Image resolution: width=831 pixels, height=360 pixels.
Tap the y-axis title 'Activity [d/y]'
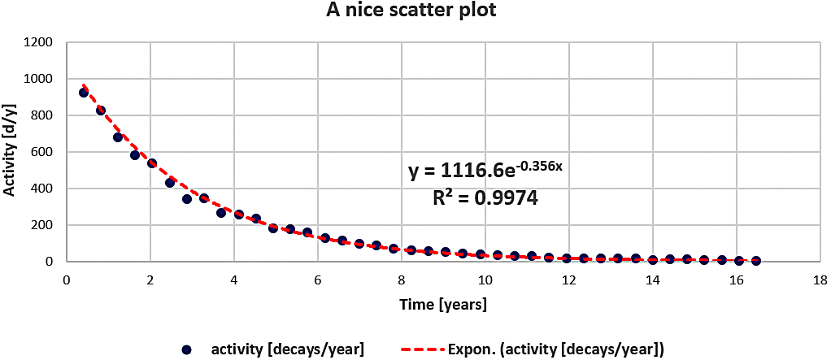coord(11,152)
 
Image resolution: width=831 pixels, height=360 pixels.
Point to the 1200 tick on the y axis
coord(40,42)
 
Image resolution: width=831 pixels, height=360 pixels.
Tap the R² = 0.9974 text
coord(485,197)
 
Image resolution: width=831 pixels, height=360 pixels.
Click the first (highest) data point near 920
coord(84,93)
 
